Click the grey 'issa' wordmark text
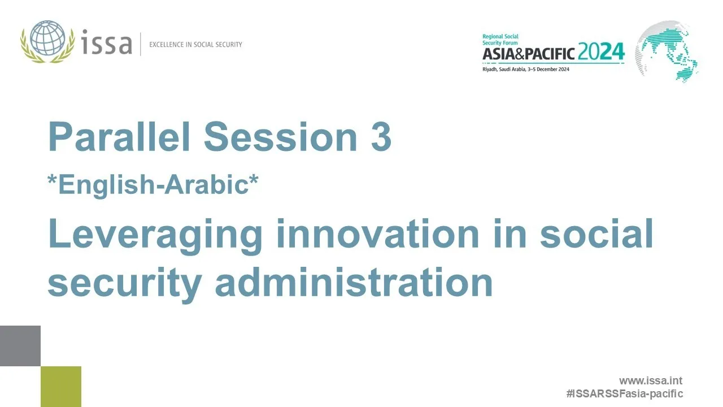pos(107,44)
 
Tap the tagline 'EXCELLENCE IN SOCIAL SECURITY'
pos(195,44)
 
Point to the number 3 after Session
pos(381,137)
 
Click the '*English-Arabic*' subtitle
pos(153,184)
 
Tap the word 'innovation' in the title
pos(377,233)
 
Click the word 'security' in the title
pos(124,283)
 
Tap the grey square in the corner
pos(20,345)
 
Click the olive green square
pos(61,386)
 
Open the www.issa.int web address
pos(650,381)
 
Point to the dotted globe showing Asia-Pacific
pos(667,51)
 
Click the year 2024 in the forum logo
pos(601,53)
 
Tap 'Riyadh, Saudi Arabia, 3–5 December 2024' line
pos(525,69)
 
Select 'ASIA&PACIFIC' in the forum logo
pos(528,54)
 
